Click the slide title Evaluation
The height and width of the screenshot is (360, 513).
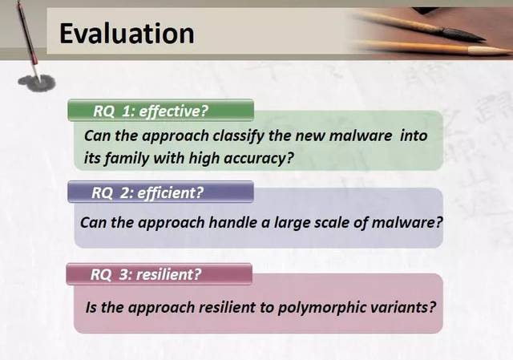(127, 34)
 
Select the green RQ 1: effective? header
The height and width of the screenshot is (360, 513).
(160, 111)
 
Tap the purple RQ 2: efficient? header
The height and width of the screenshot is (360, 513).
(160, 192)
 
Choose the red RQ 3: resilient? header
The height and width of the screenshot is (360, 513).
(160, 274)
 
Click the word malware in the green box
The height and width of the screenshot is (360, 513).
(360, 136)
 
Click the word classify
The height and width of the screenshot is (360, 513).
(238, 136)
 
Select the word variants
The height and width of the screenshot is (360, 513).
(403, 308)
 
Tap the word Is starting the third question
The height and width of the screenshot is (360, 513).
(91, 307)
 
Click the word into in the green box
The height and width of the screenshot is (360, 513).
(414, 136)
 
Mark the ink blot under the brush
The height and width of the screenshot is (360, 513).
(36, 82)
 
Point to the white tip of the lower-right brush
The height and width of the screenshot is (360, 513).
(490, 51)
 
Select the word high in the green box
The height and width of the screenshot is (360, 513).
(204, 159)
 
